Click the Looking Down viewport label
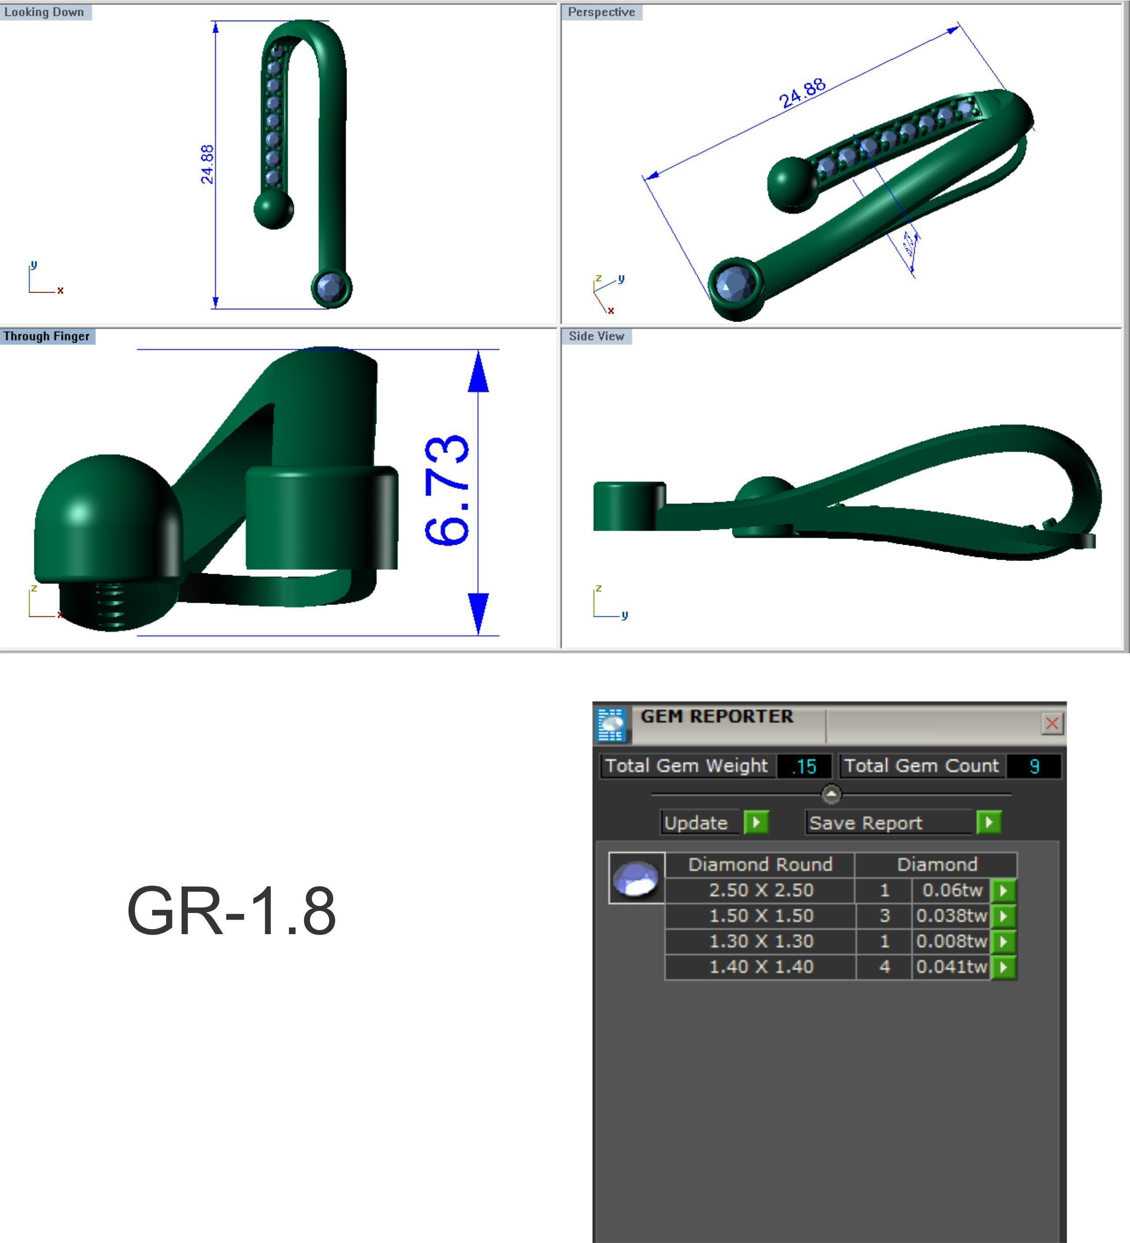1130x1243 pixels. (44, 12)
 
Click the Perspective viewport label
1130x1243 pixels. (601, 12)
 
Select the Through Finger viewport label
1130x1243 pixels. (47, 336)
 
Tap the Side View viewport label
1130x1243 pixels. (596, 336)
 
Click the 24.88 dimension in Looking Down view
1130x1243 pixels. (207, 165)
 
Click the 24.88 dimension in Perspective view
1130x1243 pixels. (802, 93)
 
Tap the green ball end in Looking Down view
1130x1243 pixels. (274, 209)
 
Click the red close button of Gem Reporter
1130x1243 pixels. (1052, 723)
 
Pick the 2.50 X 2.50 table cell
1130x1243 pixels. (761, 890)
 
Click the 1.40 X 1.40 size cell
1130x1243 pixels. (761, 967)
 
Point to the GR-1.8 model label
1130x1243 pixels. (231, 911)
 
